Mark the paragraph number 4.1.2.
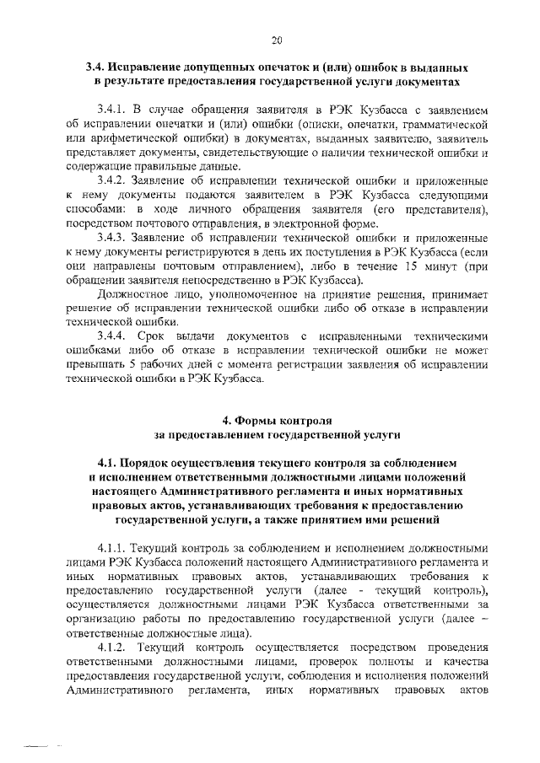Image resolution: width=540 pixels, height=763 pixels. pyautogui.click(x=111, y=659)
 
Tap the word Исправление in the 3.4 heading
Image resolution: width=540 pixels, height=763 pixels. pyautogui.click(x=156, y=67)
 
